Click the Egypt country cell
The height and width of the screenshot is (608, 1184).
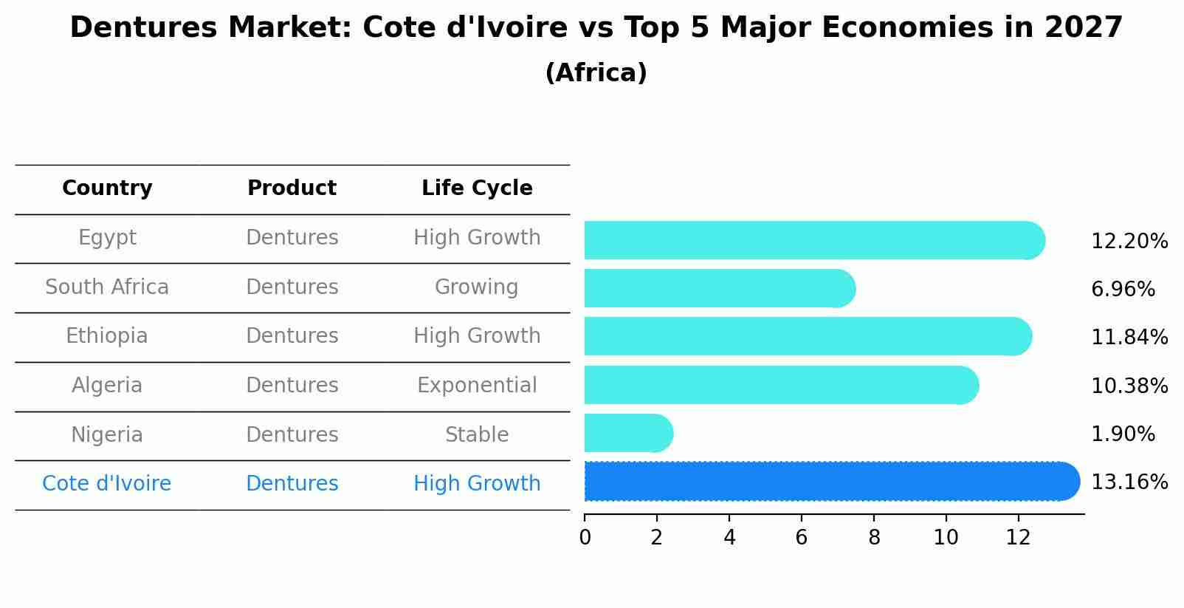pos(107,238)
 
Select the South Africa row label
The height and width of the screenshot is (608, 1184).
pos(107,287)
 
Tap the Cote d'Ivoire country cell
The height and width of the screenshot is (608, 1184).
pos(107,484)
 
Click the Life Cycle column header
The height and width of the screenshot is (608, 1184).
pos(477,188)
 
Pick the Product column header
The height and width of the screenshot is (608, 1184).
pos(292,188)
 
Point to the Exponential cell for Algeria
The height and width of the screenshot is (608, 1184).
pos(477,386)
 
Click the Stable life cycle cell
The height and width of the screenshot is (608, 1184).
pos(477,435)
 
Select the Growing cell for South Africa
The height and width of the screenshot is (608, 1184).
pos(477,287)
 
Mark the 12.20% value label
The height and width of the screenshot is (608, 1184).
pos(1129,242)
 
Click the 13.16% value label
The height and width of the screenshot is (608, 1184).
pos(1129,482)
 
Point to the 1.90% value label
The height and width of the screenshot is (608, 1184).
pos(1123,434)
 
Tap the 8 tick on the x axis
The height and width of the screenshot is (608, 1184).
pos(874,538)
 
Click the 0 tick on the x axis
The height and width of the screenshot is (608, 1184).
pos(585,538)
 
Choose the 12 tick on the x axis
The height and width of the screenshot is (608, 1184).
pos(1018,538)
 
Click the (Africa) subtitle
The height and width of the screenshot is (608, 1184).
pos(596,73)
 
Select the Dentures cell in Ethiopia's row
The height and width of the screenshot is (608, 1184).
pos(292,336)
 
